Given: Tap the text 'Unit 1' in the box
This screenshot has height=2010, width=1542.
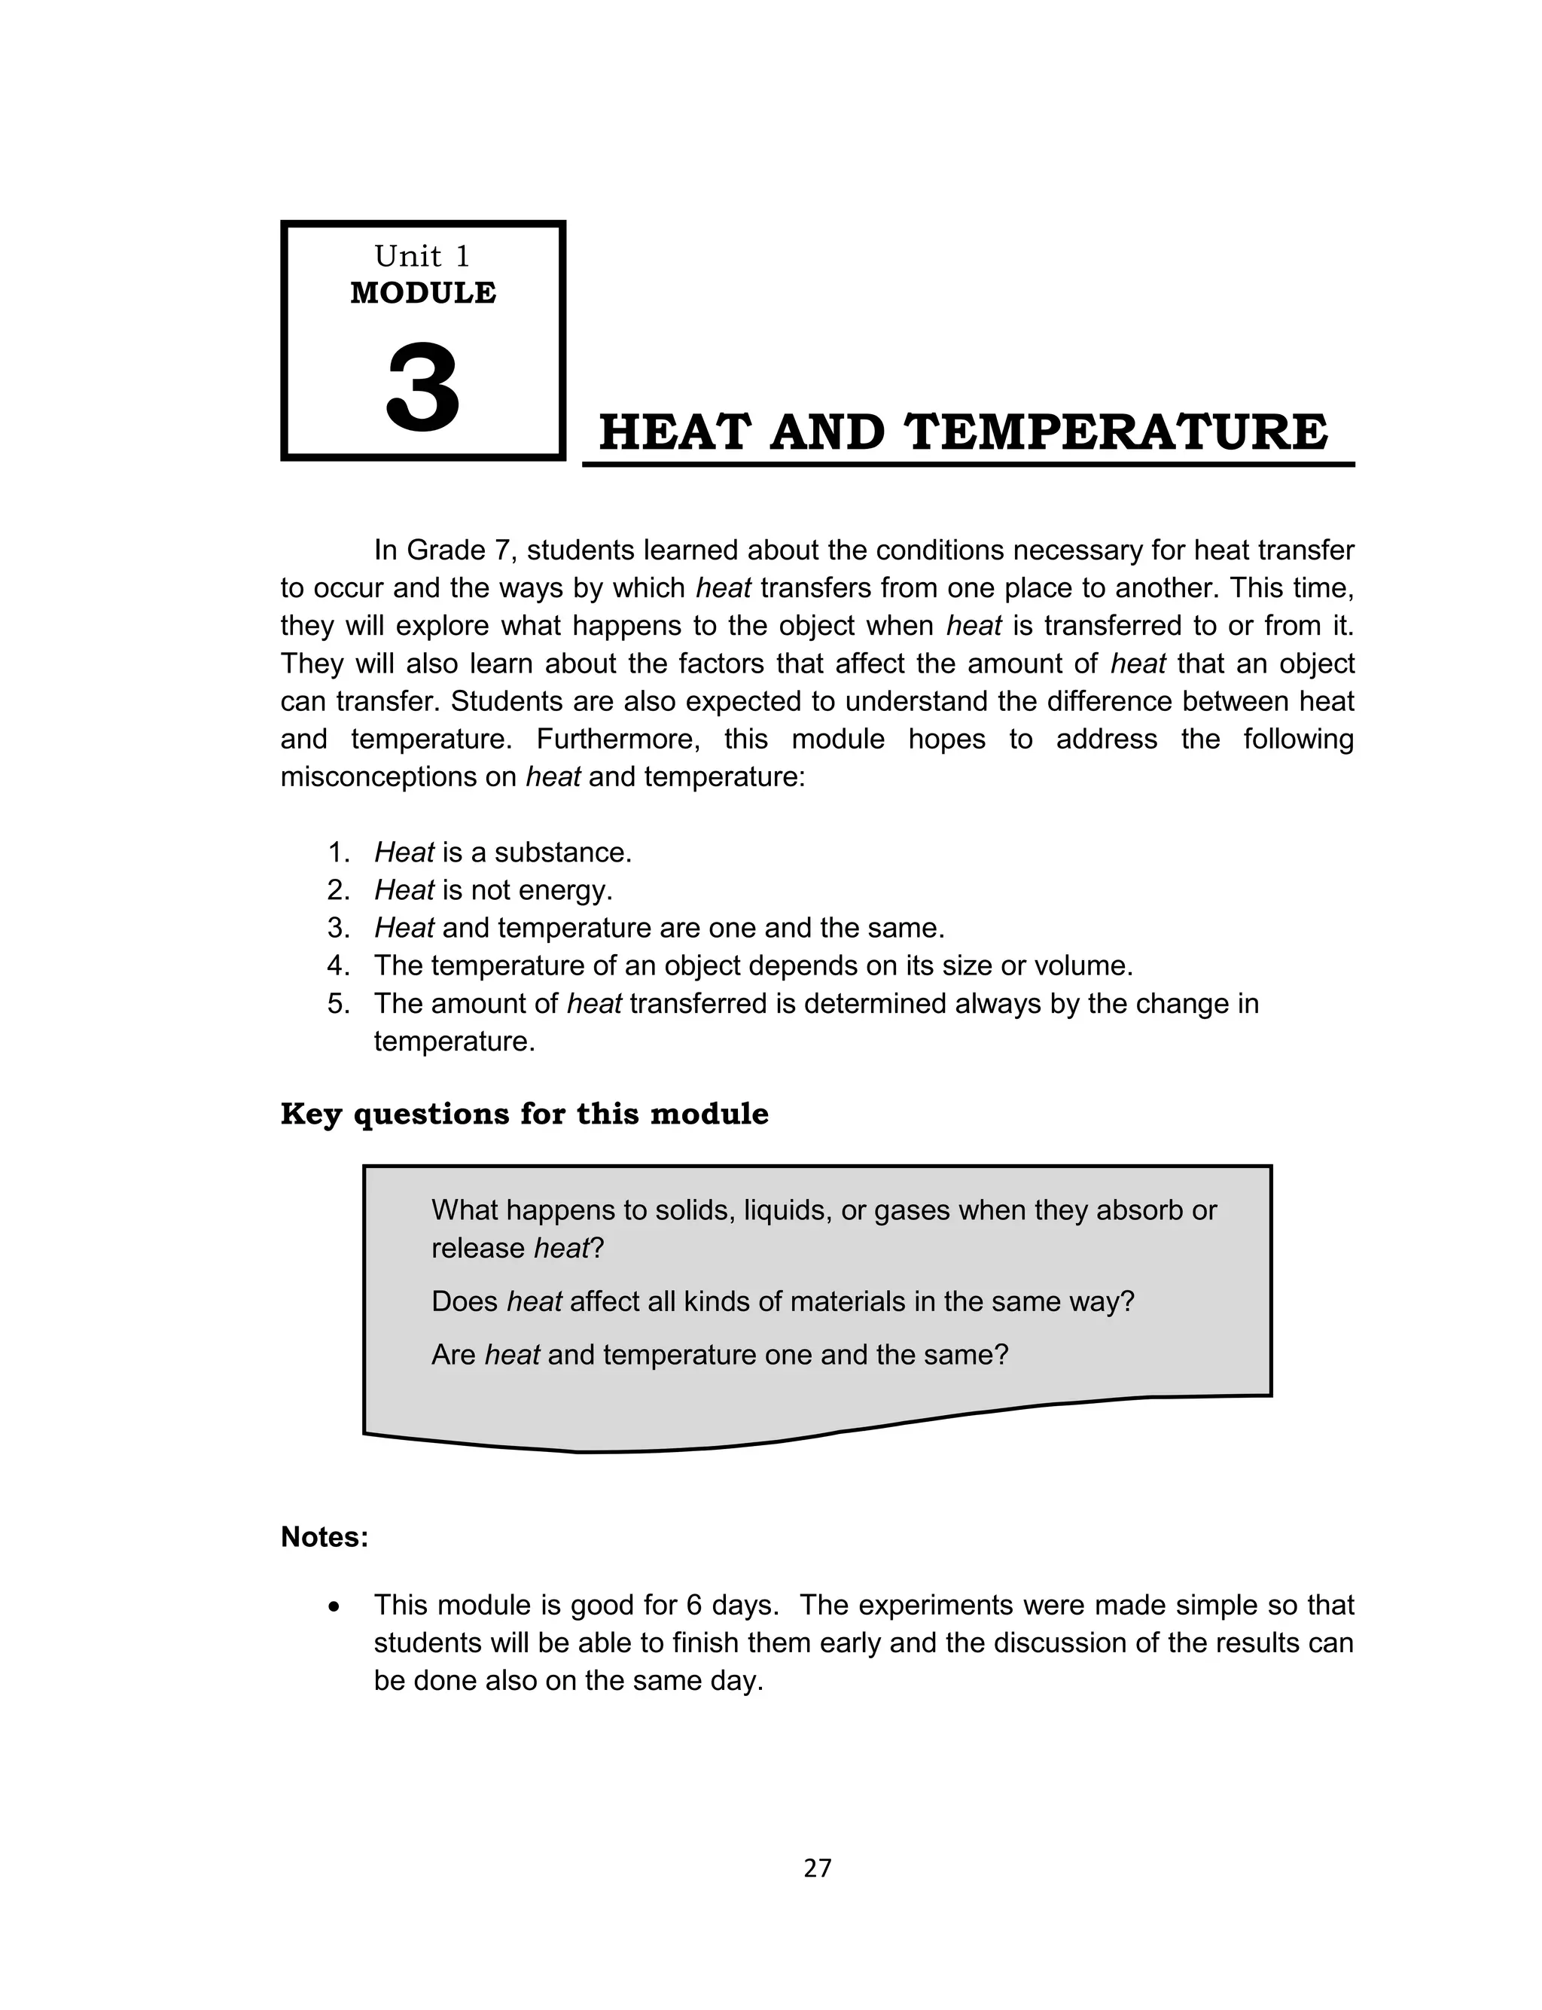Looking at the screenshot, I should coord(422,256).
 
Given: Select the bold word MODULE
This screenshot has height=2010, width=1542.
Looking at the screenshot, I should coord(423,293).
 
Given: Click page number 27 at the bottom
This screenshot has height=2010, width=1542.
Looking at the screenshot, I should coord(817,1868).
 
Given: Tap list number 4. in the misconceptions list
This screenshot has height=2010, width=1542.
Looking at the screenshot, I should coord(339,965).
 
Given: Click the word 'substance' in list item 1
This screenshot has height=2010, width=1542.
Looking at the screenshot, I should coord(562,852).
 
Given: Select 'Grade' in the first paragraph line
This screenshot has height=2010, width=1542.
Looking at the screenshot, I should coord(443,551).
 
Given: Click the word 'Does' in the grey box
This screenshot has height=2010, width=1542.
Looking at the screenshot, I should coord(465,1301).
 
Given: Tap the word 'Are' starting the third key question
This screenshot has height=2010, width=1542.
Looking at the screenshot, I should coord(453,1355).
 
